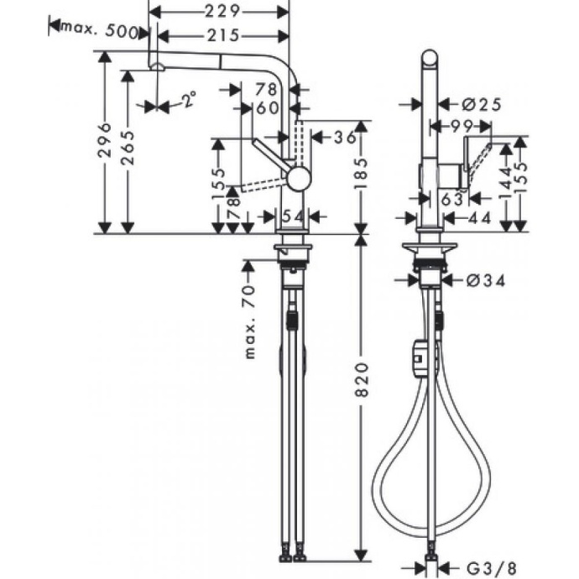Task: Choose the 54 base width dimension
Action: [x=291, y=216]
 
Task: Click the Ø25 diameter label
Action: [x=481, y=104]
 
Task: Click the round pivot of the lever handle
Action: [x=297, y=175]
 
